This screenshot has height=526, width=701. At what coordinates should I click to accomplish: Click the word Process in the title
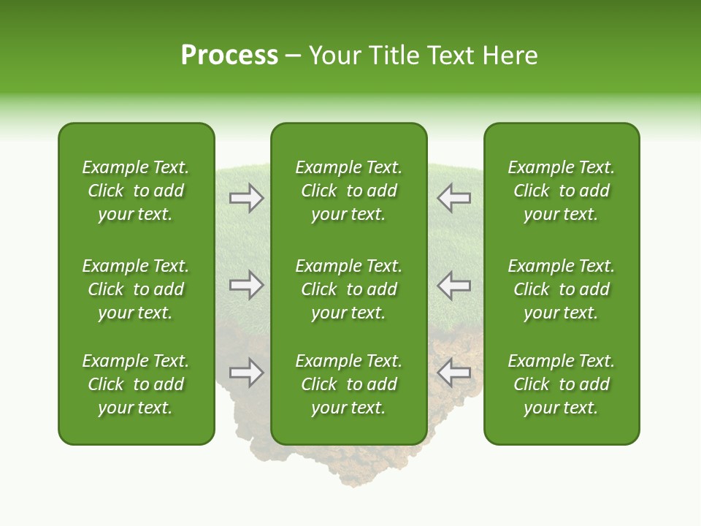coord(229,56)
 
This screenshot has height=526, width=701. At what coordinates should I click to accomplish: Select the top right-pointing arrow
coord(246,198)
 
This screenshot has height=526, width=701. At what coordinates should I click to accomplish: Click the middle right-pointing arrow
coord(246,285)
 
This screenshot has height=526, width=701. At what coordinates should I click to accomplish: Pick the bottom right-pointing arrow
coord(246,373)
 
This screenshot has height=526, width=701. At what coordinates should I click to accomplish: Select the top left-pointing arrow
coord(453,198)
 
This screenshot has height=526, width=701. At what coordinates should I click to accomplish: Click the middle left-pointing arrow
coord(453,285)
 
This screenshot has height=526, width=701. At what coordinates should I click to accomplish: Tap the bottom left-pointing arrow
coord(453,373)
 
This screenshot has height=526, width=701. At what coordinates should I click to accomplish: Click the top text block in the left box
coord(136,191)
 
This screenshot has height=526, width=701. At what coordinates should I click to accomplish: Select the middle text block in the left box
coord(136,289)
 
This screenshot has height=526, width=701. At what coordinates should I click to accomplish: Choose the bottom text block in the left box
coord(136,384)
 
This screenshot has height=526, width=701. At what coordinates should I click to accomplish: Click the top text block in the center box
coord(348,191)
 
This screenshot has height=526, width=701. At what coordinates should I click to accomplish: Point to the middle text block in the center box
coord(348,289)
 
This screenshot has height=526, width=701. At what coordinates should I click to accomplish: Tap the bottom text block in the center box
coord(348,384)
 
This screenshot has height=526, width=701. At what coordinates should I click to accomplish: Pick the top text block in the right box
coord(561,191)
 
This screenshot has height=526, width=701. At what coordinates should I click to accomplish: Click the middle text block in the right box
coord(561,289)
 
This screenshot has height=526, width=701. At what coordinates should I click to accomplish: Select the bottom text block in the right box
coord(561,384)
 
